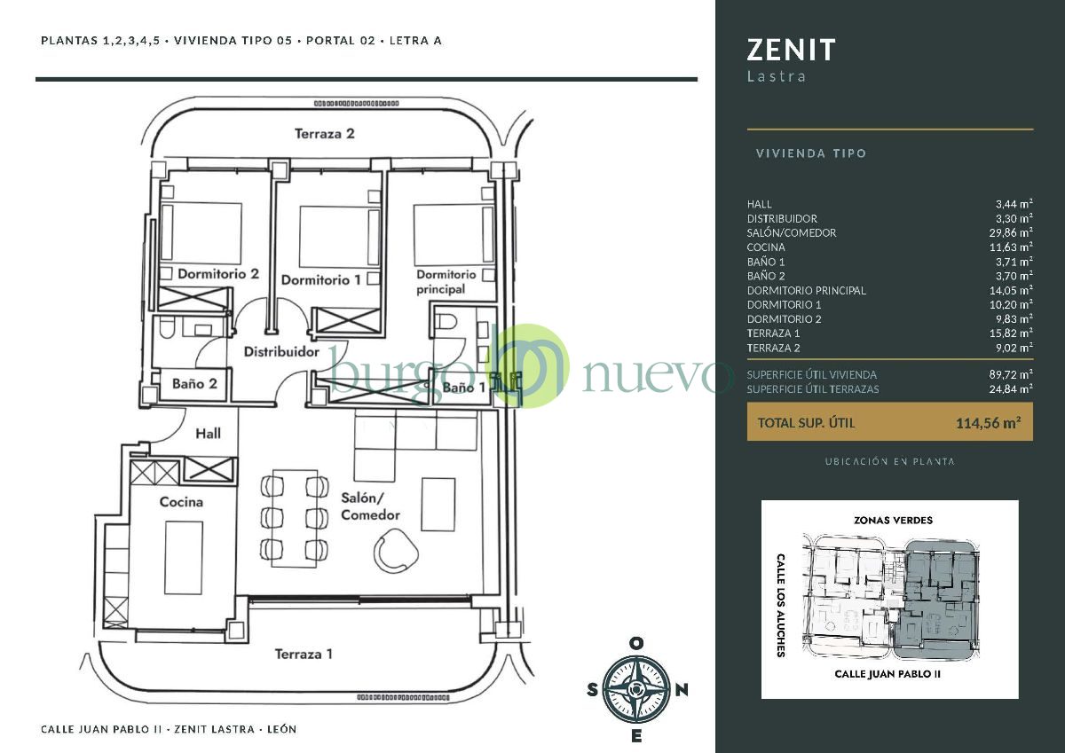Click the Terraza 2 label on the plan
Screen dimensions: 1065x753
click(x=324, y=134)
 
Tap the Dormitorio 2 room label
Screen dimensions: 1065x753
click(x=218, y=274)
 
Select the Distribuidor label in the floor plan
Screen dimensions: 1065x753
click(x=281, y=351)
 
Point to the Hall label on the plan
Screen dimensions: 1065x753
click(x=209, y=434)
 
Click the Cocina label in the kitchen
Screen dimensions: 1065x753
click(x=181, y=502)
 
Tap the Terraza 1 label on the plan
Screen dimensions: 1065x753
click(x=304, y=655)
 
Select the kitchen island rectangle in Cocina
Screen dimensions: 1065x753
click(x=184, y=558)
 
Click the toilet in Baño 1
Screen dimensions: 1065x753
click(x=446, y=322)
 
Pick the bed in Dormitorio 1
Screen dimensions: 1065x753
click(x=339, y=237)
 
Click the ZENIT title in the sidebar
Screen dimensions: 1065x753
click(x=791, y=50)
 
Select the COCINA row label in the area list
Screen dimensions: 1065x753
click(x=765, y=247)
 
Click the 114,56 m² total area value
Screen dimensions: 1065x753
click(x=988, y=422)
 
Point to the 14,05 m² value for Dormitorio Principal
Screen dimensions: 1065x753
click(x=1011, y=290)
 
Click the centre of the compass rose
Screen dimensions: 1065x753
click(x=636, y=689)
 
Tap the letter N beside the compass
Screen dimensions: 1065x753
click(x=682, y=690)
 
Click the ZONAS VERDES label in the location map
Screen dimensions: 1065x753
click(x=893, y=521)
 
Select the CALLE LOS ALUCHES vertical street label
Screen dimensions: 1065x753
click(x=780, y=605)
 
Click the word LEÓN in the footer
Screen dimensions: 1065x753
click(x=282, y=729)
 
